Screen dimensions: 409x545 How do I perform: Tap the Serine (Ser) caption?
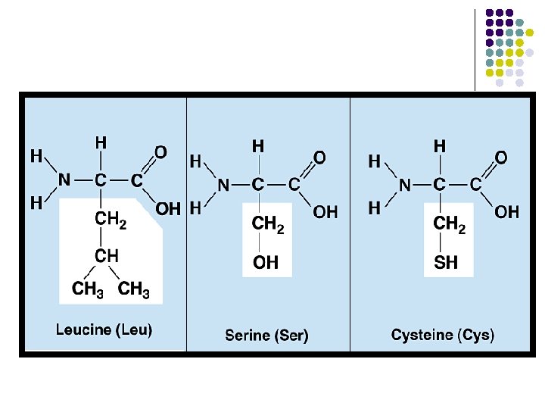(266, 335)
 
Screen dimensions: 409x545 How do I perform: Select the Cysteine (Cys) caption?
(443, 335)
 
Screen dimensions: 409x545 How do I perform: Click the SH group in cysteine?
(446, 263)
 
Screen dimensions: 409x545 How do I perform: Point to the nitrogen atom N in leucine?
(64, 180)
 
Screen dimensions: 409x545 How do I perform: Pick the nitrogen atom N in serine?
(223, 184)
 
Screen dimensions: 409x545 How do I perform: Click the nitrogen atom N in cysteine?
(405, 184)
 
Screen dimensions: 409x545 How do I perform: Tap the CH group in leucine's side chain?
(106, 255)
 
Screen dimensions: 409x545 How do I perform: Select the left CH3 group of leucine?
(88, 289)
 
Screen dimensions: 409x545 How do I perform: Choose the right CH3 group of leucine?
(134, 289)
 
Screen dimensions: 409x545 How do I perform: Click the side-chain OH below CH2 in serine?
(265, 263)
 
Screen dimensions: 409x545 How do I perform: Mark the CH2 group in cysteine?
(449, 225)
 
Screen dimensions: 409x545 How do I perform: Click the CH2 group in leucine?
(110, 220)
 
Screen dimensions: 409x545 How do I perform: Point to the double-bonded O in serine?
(319, 158)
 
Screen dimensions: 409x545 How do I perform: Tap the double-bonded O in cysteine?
(500, 158)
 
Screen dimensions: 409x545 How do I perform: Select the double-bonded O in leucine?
(160, 152)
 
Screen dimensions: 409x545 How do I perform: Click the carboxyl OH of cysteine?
(506, 212)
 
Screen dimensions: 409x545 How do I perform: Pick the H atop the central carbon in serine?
(258, 145)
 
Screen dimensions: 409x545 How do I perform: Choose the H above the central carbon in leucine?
(100, 142)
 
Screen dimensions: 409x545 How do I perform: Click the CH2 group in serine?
(267, 225)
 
